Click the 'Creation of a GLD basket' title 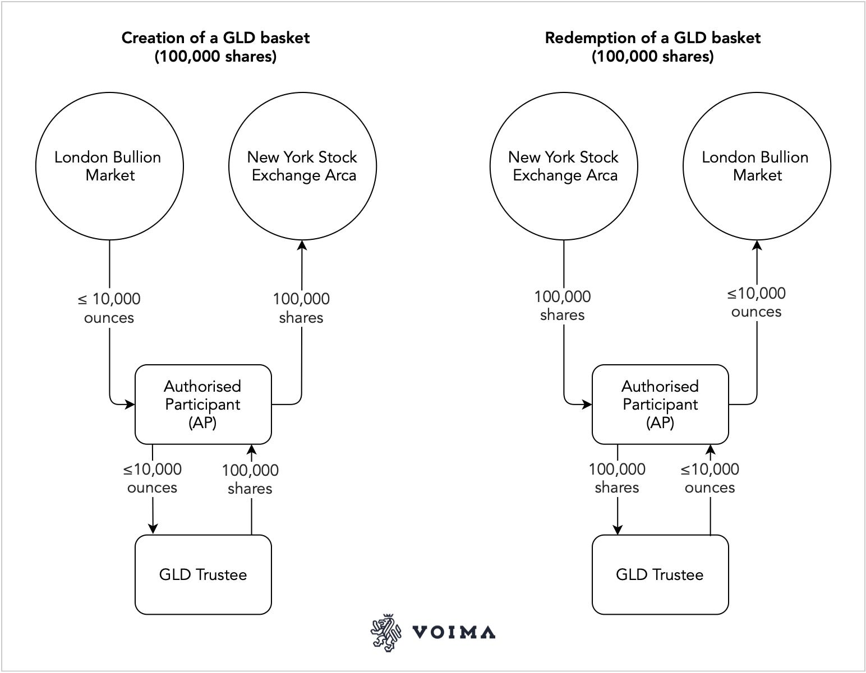[215, 38]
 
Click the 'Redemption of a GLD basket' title [652, 38]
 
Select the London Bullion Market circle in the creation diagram [109, 166]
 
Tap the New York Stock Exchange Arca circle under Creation [302, 166]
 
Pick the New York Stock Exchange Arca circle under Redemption [564, 166]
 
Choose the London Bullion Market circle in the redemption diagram [757, 166]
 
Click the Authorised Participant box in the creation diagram [203, 404]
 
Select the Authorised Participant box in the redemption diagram [660, 404]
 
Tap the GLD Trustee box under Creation [203, 574]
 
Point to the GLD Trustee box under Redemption [660, 574]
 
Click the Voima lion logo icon [386, 633]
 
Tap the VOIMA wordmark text [454, 633]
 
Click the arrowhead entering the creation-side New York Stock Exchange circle [302, 245]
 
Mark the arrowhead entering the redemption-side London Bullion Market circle [757, 245]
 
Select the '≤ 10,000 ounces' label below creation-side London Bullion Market [109, 308]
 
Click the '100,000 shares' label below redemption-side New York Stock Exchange [563, 305]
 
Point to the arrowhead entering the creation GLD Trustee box [153, 530]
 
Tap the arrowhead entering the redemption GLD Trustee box [618, 530]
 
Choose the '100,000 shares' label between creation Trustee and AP [250, 479]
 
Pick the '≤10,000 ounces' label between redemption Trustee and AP [710, 478]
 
